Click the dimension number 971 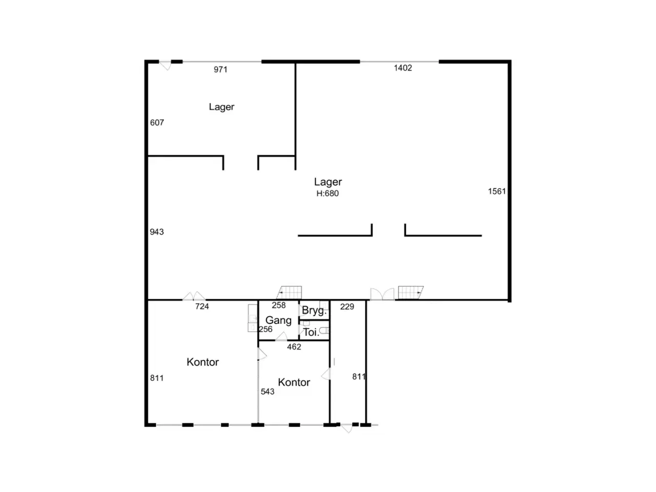tap(220, 70)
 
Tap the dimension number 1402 tap(402, 68)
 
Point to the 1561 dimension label tap(497, 191)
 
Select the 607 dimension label tap(157, 122)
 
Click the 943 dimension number tap(157, 232)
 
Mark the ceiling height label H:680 tap(327, 193)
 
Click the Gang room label tap(278, 320)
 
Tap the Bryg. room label tap(314, 311)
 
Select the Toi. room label tap(311, 332)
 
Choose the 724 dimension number tap(202, 306)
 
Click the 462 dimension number tap(294, 347)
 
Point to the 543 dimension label tap(267, 392)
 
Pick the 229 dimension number tap(347, 306)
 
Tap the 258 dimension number tap(278, 305)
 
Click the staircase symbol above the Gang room tap(289, 293)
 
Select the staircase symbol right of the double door tap(411, 293)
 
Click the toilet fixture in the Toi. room tap(324, 331)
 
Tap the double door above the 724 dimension tap(194, 296)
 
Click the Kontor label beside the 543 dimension tap(294, 382)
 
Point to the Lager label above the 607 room tap(221, 107)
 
